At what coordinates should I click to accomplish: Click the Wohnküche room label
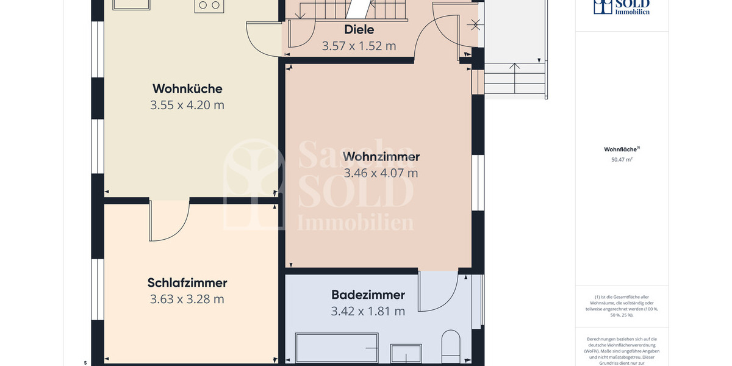[187, 88]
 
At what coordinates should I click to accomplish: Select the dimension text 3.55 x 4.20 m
[187, 105]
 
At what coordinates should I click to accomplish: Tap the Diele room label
[359, 29]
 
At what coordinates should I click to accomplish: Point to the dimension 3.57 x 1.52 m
[359, 46]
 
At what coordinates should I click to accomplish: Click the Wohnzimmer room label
[381, 157]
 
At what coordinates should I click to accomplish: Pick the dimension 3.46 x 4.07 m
[381, 173]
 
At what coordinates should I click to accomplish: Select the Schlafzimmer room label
[187, 282]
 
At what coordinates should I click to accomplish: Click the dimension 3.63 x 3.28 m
[187, 299]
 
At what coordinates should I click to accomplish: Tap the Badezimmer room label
[368, 295]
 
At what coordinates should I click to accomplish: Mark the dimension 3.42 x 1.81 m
[368, 311]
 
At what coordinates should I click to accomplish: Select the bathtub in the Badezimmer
[337, 347]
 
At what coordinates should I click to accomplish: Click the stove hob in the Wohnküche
[209, 6]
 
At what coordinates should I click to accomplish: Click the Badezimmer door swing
[437, 290]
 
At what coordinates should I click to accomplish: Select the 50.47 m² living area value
[622, 160]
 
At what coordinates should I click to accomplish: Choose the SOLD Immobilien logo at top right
[622, 7]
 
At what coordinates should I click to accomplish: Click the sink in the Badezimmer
[406, 353]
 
